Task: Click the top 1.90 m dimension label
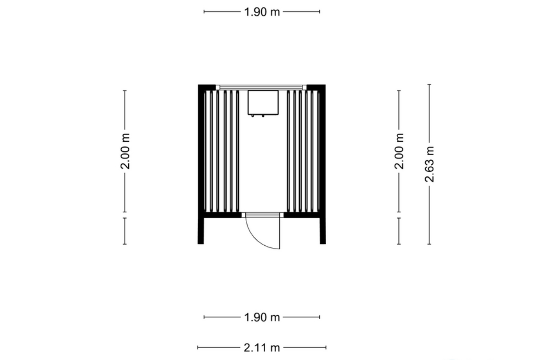point(262,12)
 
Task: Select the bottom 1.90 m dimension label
point(262,317)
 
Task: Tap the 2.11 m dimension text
point(262,348)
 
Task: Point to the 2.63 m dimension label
point(430,164)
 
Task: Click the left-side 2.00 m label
point(125,151)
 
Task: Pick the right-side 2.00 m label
point(399,151)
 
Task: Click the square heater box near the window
point(263,102)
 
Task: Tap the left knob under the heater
point(252,116)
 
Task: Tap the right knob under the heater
point(263,116)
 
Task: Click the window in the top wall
point(261,87)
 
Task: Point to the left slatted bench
point(221,151)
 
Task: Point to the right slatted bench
point(304,151)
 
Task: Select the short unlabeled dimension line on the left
point(125,231)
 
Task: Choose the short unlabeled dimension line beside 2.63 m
point(399,231)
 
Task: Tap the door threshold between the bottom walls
point(263,215)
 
